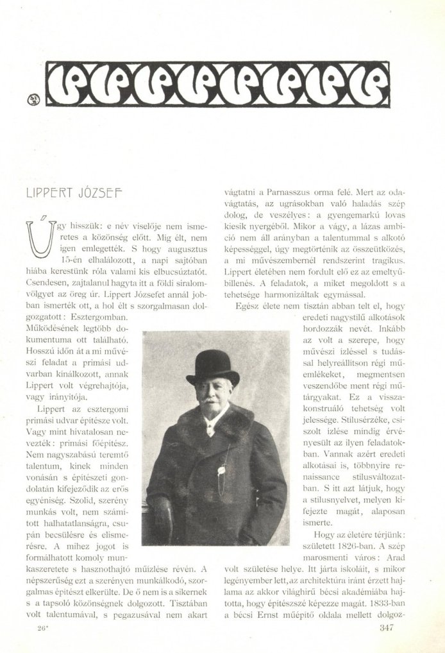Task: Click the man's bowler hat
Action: (212, 366)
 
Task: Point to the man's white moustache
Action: (210, 402)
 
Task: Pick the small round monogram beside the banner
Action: (33, 99)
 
